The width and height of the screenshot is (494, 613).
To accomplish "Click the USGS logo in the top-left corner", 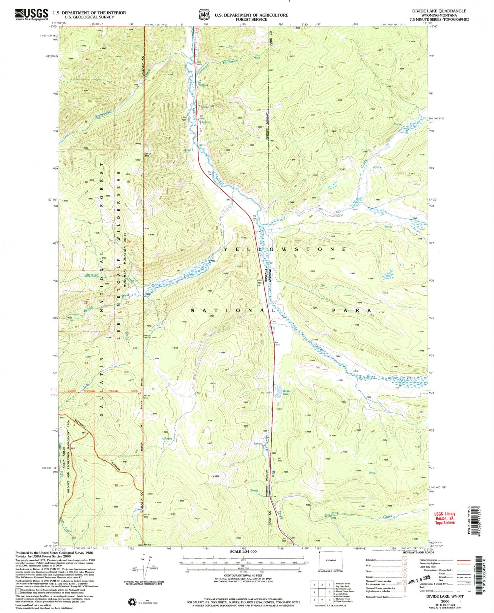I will point(32,14).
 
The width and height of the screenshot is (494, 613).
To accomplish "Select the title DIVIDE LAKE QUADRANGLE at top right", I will point(439,11).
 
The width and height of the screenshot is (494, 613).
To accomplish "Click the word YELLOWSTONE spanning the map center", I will point(285,249).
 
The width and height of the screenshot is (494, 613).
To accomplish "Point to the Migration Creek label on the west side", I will point(92,275).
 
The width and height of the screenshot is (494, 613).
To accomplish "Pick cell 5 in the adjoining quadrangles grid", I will point(329,592).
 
